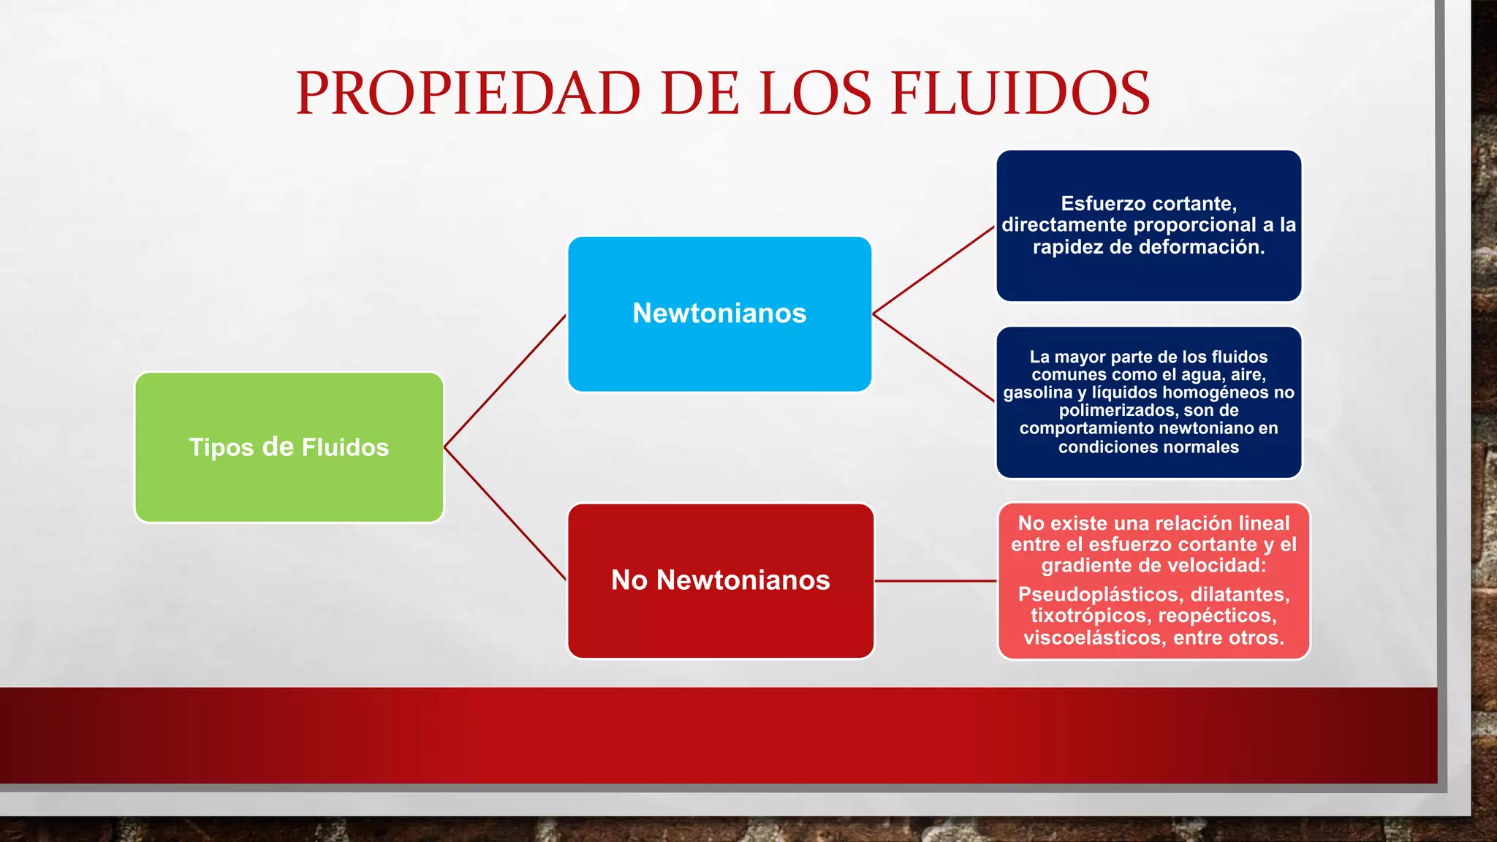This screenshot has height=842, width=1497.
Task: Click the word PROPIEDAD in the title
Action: pos(468,94)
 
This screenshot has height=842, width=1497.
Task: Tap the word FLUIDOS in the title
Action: pos(1020,94)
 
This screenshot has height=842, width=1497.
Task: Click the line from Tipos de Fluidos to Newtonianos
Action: pos(504,382)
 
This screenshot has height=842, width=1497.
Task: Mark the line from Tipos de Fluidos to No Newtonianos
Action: pos(504,513)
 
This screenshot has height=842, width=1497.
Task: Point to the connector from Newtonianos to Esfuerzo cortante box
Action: pos(933,270)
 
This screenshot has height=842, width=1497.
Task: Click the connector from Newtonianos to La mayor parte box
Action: pos(933,357)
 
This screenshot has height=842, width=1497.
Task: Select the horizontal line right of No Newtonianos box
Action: pos(936,581)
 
